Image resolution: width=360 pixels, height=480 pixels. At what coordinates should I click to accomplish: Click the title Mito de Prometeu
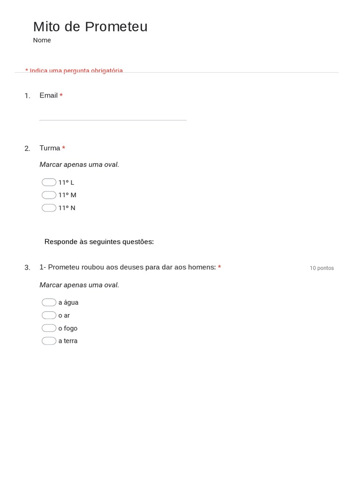point(90,27)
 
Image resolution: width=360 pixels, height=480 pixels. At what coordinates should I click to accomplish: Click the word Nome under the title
point(42,40)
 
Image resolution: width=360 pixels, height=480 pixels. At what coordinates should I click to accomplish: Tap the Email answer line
point(112,115)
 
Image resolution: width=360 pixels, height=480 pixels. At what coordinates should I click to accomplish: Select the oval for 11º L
point(49,182)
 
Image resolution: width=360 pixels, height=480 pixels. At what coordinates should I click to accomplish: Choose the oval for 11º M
point(49,195)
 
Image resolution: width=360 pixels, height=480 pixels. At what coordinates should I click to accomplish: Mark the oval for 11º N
point(49,208)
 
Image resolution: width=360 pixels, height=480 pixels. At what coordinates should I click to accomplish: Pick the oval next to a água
point(49,302)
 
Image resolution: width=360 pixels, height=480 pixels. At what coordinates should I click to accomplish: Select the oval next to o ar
point(49,315)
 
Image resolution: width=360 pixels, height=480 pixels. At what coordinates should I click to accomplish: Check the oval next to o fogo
point(49,328)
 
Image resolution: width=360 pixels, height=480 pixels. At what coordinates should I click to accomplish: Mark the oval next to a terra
point(49,341)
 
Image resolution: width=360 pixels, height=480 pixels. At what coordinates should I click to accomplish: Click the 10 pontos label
point(322,268)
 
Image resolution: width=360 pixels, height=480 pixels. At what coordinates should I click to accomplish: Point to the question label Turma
point(50,148)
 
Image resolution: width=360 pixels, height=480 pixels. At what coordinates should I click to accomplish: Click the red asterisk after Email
point(61,96)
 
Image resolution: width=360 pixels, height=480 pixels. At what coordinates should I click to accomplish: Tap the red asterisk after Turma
point(64,148)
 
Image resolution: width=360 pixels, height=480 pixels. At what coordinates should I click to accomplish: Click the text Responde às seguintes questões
point(99,242)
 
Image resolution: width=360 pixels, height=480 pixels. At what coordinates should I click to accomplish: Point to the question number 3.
point(27,268)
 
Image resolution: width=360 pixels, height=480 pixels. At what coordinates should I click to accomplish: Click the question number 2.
point(27,149)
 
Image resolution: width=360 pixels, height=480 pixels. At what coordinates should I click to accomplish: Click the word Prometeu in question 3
point(64,267)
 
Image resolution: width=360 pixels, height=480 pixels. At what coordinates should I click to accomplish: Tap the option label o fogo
point(68,328)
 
